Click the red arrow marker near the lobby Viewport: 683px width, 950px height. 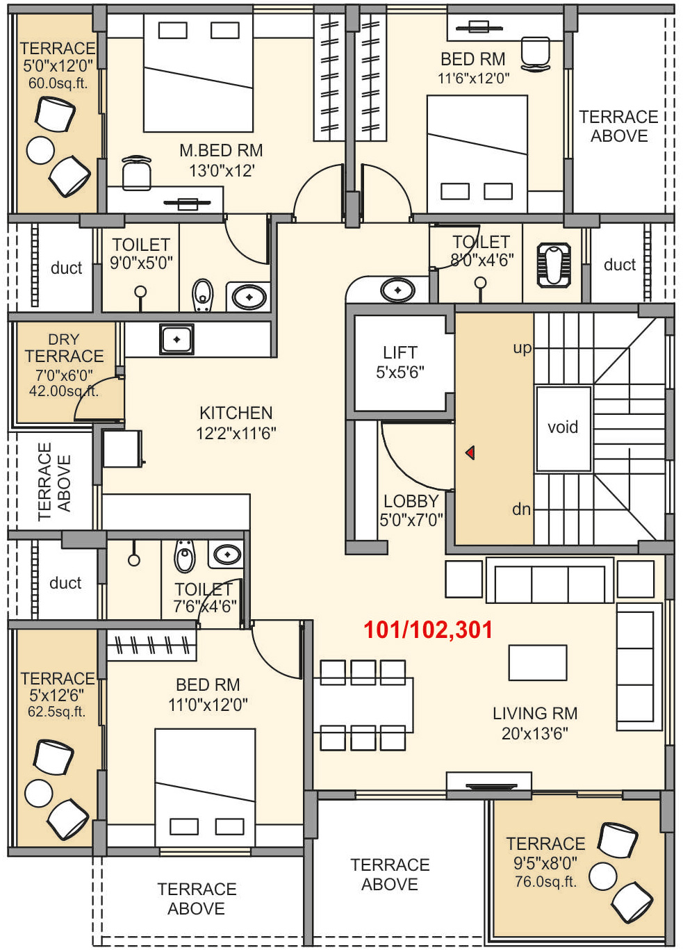pyautogui.click(x=470, y=453)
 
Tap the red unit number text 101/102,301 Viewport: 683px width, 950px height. pyautogui.click(x=428, y=630)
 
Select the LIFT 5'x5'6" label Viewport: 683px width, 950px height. pyautogui.click(x=400, y=362)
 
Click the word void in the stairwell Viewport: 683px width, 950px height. pyautogui.click(x=563, y=427)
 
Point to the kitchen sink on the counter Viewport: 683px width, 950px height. pyautogui.click(x=176, y=339)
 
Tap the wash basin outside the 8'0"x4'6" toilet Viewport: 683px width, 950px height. pyautogui.click(x=397, y=290)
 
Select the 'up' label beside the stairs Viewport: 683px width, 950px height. pyautogui.click(x=522, y=349)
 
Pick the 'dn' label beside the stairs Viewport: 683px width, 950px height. pyautogui.click(x=522, y=509)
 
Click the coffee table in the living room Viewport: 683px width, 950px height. pyautogui.click(x=538, y=662)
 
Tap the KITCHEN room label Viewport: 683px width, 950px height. pyautogui.click(x=236, y=413)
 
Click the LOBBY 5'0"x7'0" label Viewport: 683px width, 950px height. pyautogui.click(x=411, y=511)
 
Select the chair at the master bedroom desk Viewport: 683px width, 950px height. pyautogui.click(x=136, y=172)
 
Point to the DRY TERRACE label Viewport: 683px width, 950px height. pyautogui.click(x=64, y=347)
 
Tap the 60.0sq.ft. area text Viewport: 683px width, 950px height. pyautogui.click(x=58, y=83)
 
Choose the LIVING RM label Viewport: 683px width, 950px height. pyautogui.click(x=535, y=713)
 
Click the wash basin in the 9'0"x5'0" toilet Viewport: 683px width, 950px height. pyautogui.click(x=249, y=297)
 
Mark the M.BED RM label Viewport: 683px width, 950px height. pyautogui.click(x=221, y=151)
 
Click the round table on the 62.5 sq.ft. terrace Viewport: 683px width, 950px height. pyautogui.click(x=39, y=793)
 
